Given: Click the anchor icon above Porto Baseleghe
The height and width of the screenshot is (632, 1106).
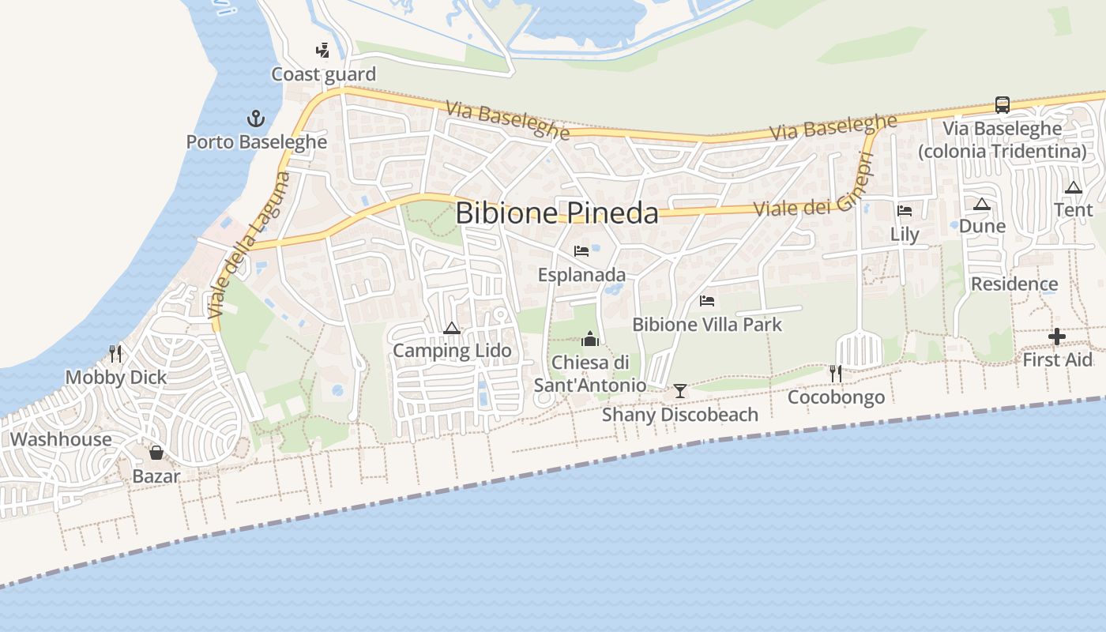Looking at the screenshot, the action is [x=255, y=119].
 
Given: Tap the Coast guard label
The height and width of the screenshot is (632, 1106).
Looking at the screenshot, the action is [x=323, y=74].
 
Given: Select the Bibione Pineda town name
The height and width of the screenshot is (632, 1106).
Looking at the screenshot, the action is [x=557, y=213].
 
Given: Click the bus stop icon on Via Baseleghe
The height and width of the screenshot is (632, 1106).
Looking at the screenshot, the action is [x=1002, y=104].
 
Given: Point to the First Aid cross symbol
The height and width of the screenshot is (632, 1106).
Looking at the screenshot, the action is [x=1056, y=337].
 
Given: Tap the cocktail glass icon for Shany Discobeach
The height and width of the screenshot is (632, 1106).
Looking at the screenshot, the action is [x=679, y=391].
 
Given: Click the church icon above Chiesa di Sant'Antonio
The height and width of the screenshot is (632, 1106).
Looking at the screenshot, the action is [x=590, y=339].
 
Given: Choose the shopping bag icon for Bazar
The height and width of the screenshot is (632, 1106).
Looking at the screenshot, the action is [x=156, y=453].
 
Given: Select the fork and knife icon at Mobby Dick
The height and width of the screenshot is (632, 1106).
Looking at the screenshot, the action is [x=116, y=353].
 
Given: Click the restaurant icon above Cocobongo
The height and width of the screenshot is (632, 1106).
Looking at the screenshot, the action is [x=836, y=373].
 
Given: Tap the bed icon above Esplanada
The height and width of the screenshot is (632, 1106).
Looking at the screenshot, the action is [x=581, y=251].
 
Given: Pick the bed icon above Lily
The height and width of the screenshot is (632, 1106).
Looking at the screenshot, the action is [x=905, y=210].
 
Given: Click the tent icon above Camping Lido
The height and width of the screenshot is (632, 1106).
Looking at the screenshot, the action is [x=452, y=327].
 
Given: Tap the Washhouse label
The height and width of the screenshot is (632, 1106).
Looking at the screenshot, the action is [x=61, y=439].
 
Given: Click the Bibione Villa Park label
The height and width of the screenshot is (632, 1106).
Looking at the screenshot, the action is [x=707, y=324].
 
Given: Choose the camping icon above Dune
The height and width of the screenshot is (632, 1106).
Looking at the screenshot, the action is [x=982, y=204].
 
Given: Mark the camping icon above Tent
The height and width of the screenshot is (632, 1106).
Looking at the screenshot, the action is [x=1073, y=187].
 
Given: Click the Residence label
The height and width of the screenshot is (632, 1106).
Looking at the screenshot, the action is [x=1014, y=284].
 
